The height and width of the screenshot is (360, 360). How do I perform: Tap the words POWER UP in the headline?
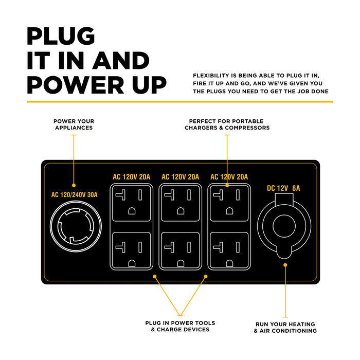97,85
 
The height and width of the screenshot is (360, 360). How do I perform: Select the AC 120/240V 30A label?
74,195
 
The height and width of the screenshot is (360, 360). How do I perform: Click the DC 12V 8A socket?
284,226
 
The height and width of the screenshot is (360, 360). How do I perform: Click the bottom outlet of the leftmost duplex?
132,251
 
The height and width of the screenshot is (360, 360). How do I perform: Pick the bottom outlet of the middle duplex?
180,251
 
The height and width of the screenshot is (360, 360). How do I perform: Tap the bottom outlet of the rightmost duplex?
229,251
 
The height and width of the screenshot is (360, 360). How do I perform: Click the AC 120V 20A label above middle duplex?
180,177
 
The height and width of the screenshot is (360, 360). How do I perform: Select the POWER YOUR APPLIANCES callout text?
74,124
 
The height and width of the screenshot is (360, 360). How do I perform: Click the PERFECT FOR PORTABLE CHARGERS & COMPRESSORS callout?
227,124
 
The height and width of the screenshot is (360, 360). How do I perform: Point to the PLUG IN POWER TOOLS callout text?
180,326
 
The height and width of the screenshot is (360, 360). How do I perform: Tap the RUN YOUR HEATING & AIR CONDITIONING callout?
285,328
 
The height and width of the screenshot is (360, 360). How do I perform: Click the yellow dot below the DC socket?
285,265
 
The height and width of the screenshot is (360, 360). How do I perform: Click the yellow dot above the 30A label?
74,185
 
